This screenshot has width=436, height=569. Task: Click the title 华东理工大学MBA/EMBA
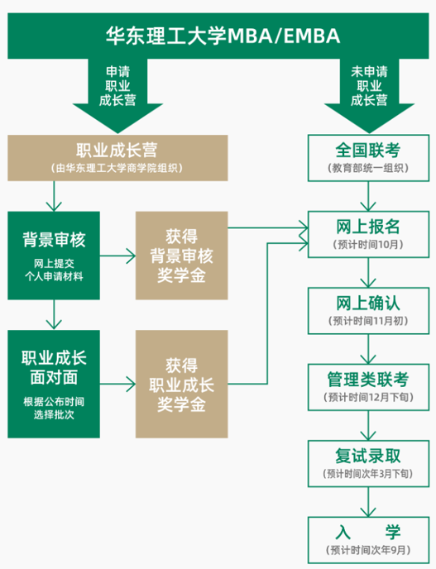[223, 36]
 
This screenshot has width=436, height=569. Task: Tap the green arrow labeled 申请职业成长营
[117, 94]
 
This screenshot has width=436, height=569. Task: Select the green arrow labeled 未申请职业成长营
[369, 94]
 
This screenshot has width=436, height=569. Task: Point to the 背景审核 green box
[54, 256]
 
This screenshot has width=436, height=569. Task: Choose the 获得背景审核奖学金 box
[181, 256]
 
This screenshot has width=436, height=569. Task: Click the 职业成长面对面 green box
[54, 384]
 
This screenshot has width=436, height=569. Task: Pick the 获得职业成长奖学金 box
[181, 384]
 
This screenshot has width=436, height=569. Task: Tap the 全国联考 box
[368, 158]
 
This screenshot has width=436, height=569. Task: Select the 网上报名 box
[368, 234]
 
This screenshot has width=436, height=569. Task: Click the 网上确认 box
[368, 311]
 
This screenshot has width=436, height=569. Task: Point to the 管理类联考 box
[368, 387]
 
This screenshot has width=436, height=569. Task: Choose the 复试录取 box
[368, 464]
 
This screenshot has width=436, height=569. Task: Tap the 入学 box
[368, 540]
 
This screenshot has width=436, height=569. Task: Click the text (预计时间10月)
[368, 245]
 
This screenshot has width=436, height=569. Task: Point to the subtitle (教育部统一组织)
[368, 168]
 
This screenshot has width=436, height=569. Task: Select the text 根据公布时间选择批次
[54, 409]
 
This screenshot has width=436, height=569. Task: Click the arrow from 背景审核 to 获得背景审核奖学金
[117, 256]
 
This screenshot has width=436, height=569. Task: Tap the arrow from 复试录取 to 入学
[368, 502]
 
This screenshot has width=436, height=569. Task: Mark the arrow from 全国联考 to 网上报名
[368, 196]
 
